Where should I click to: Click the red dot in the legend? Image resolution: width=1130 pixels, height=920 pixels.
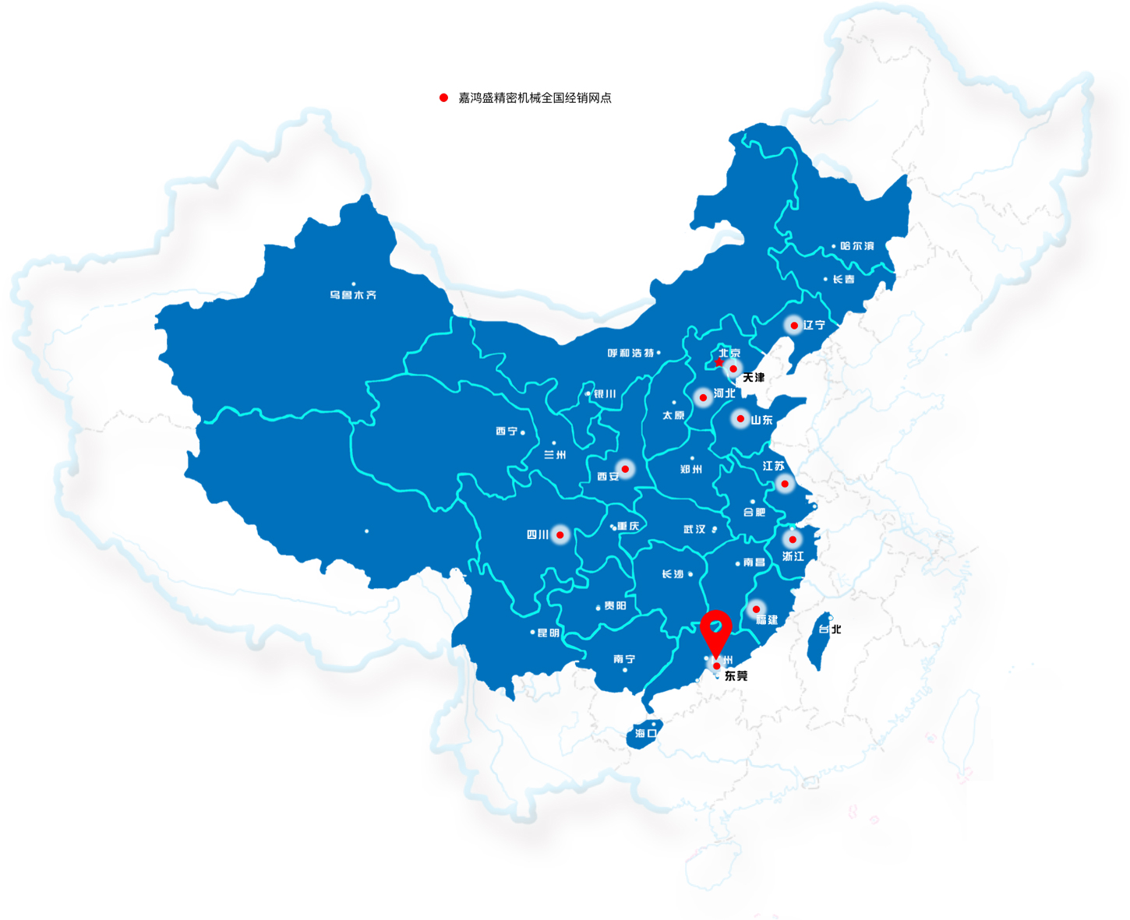click(x=443, y=97)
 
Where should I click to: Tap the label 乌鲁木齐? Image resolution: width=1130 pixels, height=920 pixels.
click(x=353, y=295)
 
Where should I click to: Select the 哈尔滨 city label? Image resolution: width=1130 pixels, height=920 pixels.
click(x=857, y=246)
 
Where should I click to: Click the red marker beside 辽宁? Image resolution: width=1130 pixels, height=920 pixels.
click(x=793, y=326)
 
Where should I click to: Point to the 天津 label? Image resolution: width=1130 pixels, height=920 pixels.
click(x=754, y=378)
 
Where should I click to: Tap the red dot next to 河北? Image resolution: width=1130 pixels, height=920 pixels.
click(x=703, y=398)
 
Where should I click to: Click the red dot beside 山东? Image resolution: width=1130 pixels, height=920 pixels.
click(x=740, y=419)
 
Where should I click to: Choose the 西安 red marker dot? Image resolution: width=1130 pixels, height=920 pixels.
click(x=625, y=469)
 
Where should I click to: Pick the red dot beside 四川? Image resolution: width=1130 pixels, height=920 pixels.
click(x=560, y=535)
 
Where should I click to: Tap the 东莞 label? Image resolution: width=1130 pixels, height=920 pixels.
click(x=736, y=676)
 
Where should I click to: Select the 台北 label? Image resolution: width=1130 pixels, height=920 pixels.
click(x=830, y=629)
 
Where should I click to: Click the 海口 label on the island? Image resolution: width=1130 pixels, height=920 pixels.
click(x=646, y=734)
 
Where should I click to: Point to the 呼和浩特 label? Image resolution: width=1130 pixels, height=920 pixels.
click(x=630, y=354)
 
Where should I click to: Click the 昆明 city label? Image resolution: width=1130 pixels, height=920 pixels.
click(x=549, y=633)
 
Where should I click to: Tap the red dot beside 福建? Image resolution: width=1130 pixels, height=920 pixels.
click(x=756, y=609)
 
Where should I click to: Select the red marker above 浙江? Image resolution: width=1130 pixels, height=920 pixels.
click(x=793, y=539)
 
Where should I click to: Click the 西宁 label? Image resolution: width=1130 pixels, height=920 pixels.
click(x=507, y=432)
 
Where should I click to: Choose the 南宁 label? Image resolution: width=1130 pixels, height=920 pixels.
click(x=624, y=659)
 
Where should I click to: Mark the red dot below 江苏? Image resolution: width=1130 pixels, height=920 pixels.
click(x=785, y=484)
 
